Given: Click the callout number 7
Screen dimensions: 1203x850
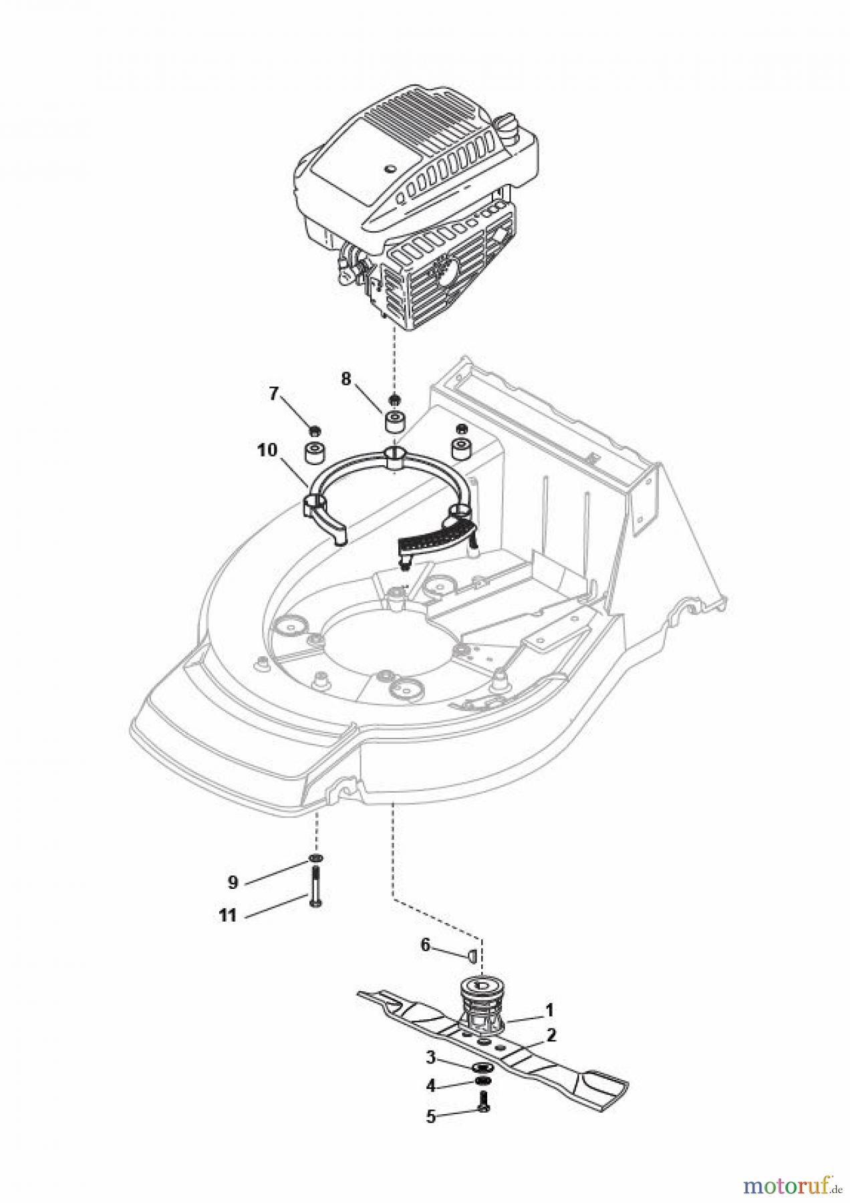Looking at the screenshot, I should click(273, 394).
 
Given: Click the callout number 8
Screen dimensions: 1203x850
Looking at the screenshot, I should click(345, 379).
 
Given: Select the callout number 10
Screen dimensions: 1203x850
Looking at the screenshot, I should click(267, 450).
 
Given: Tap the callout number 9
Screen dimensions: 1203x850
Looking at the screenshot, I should click(233, 883).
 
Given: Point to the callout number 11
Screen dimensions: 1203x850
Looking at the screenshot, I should click(228, 916).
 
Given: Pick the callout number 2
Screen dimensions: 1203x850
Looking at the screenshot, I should click(551, 1035).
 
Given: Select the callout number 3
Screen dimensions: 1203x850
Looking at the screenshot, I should click(431, 1057).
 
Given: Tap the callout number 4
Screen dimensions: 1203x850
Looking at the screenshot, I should click(431, 1086).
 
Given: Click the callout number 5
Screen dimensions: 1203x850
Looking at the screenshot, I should click(431, 1117).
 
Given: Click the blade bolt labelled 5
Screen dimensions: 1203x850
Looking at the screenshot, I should click(484, 1107).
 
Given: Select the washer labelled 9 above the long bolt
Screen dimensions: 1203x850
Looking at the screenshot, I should click(315, 858).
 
